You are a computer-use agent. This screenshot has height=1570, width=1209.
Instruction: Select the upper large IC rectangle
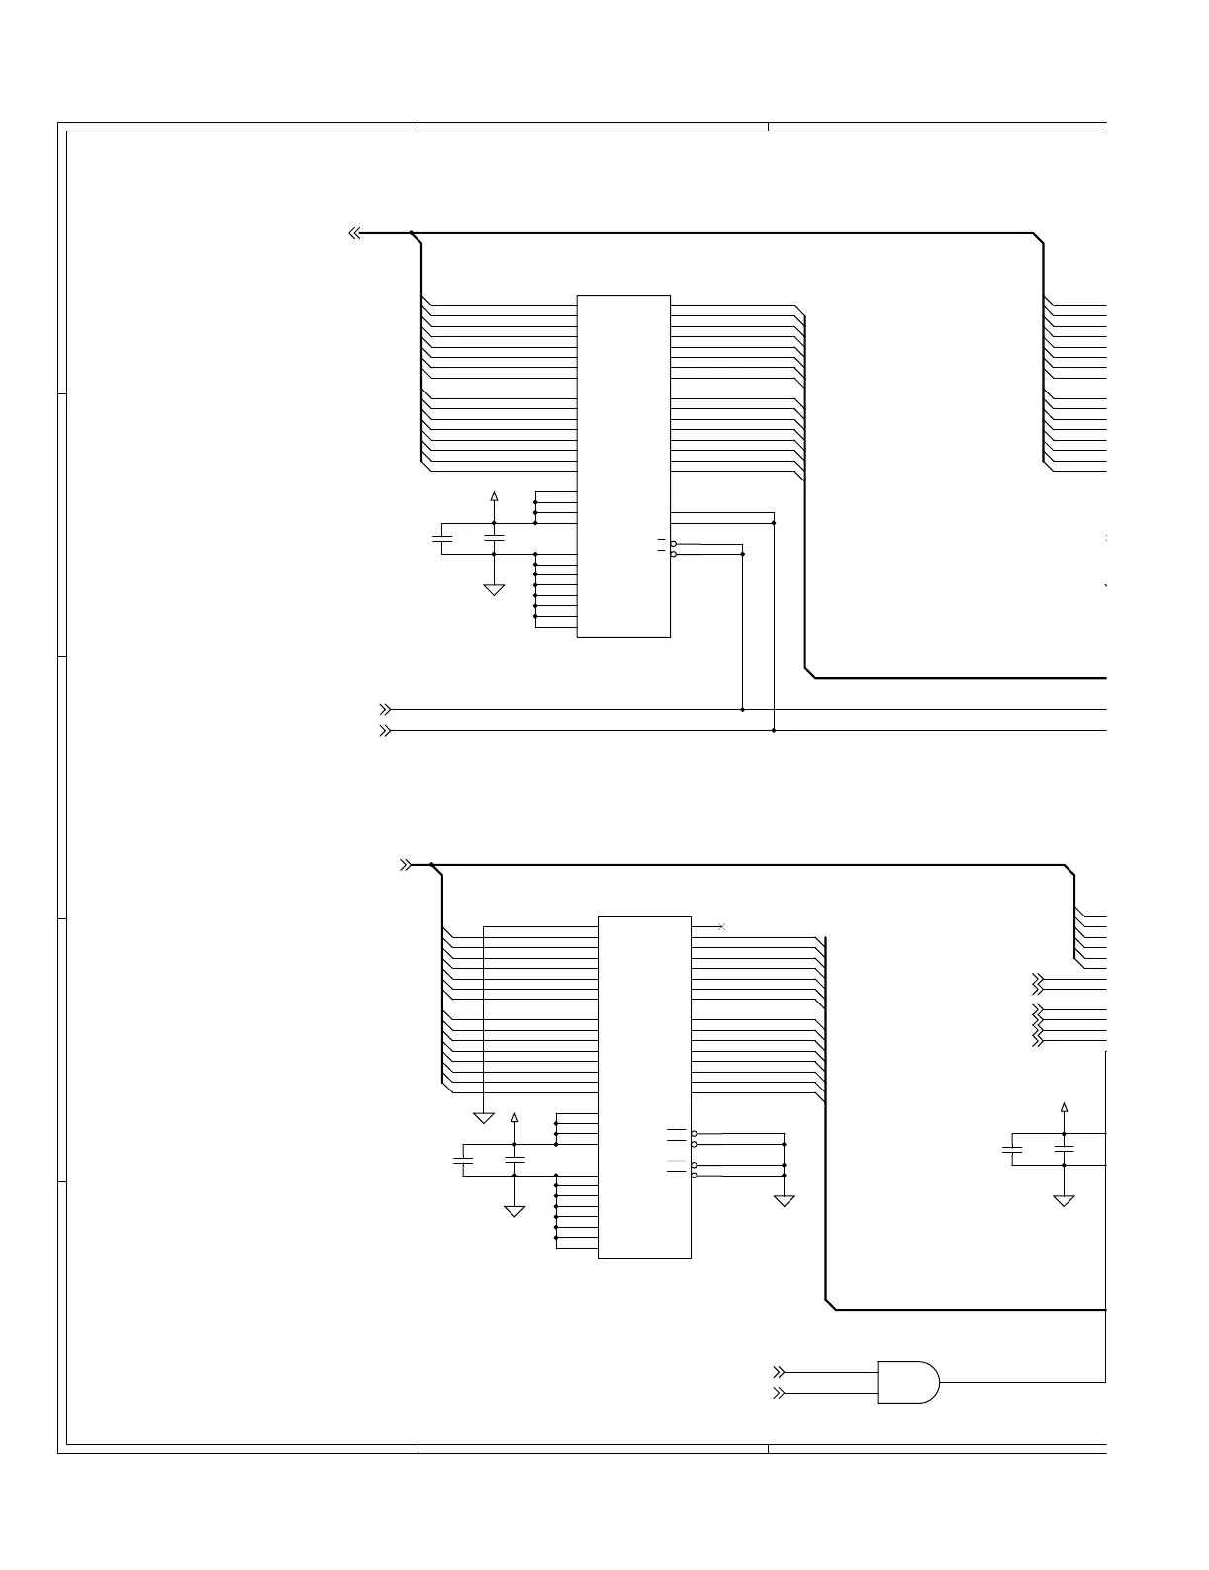pos(623,466)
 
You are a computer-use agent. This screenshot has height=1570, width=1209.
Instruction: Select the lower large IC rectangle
pos(644,1087)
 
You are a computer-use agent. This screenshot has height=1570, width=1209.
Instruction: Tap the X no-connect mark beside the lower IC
pos(721,926)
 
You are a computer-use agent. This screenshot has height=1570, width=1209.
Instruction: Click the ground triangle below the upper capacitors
pos(494,590)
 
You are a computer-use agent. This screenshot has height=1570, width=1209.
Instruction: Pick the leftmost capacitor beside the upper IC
pos(442,538)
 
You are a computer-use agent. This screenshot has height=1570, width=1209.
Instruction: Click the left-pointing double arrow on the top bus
pos(354,234)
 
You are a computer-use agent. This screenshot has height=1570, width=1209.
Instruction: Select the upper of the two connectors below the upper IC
pos(385,709)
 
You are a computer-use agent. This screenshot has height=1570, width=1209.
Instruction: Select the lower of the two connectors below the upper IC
pos(385,731)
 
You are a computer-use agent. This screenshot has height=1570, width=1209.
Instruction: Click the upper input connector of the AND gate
pos(779,1372)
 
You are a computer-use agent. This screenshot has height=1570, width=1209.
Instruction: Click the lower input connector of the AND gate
pos(779,1393)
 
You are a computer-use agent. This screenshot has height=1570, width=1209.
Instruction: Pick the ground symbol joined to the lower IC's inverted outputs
pos(784,1200)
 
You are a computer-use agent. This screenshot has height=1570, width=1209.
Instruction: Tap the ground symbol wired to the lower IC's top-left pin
pos(484,1117)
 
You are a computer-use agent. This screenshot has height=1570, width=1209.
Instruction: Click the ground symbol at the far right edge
pos(1065,1200)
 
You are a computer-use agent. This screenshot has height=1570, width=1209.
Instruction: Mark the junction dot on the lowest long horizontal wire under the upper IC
pos(774,731)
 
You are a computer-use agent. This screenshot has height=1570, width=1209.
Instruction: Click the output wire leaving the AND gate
pos(1019,1381)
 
